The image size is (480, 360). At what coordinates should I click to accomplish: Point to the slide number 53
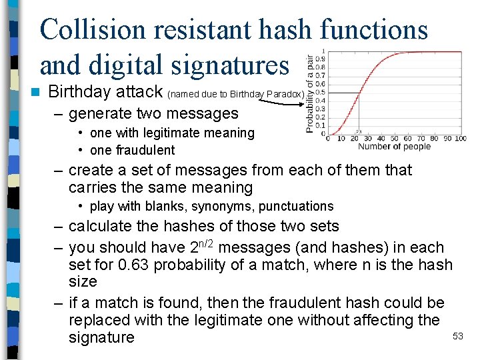coord(457,336)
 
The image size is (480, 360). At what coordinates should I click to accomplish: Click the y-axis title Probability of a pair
coord(310,93)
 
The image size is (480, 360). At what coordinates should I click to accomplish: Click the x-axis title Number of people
coord(394,147)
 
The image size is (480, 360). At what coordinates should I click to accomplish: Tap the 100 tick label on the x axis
coord(460,139)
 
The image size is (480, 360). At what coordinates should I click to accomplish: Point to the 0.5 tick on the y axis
coord(320,93)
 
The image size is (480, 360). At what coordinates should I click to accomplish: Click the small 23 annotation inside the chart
coord(359,131)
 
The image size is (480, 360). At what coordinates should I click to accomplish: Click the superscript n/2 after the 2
coord(203,243)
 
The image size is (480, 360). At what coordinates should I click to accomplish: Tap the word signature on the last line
coord(101,337)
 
